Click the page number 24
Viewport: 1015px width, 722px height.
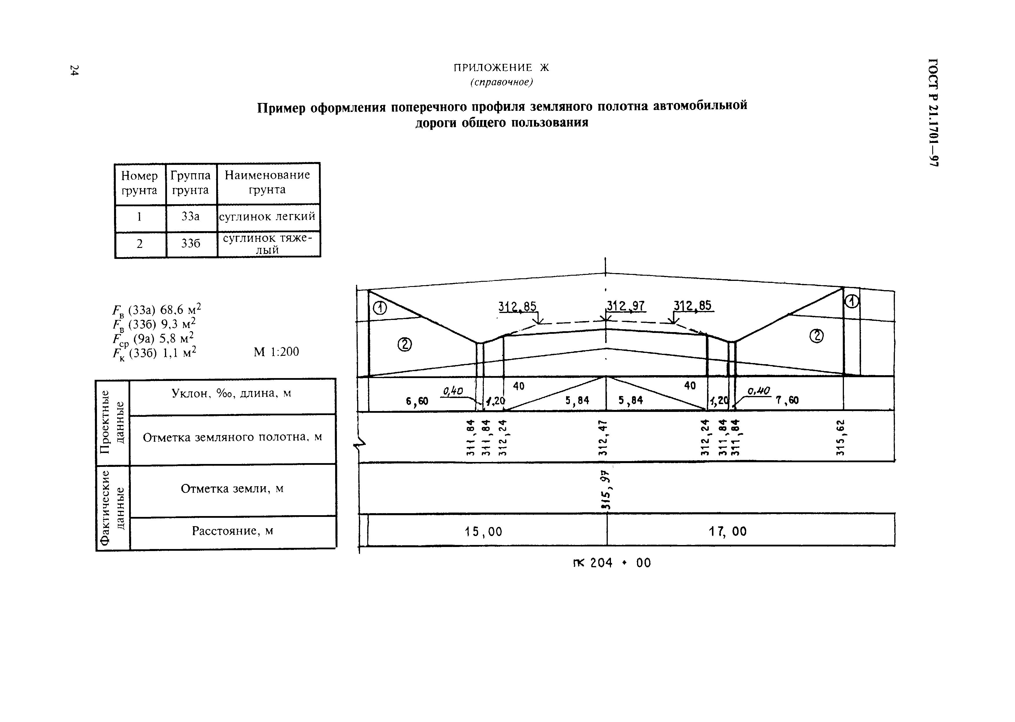click(74, 70)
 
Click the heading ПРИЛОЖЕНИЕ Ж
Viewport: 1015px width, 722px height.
click(501, 68)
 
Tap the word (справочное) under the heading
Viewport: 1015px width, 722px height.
click(501, 82)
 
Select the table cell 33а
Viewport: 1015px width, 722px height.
click(190, 216)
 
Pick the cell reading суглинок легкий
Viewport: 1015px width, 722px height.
click(267, 216)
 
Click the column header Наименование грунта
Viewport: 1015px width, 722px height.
click(267, 182)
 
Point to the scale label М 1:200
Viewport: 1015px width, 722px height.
click(276, 352)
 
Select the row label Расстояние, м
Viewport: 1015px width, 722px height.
click(233, 531)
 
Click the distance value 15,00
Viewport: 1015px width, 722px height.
click(484, 532)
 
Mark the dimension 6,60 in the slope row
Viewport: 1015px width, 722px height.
click(417, 401)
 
